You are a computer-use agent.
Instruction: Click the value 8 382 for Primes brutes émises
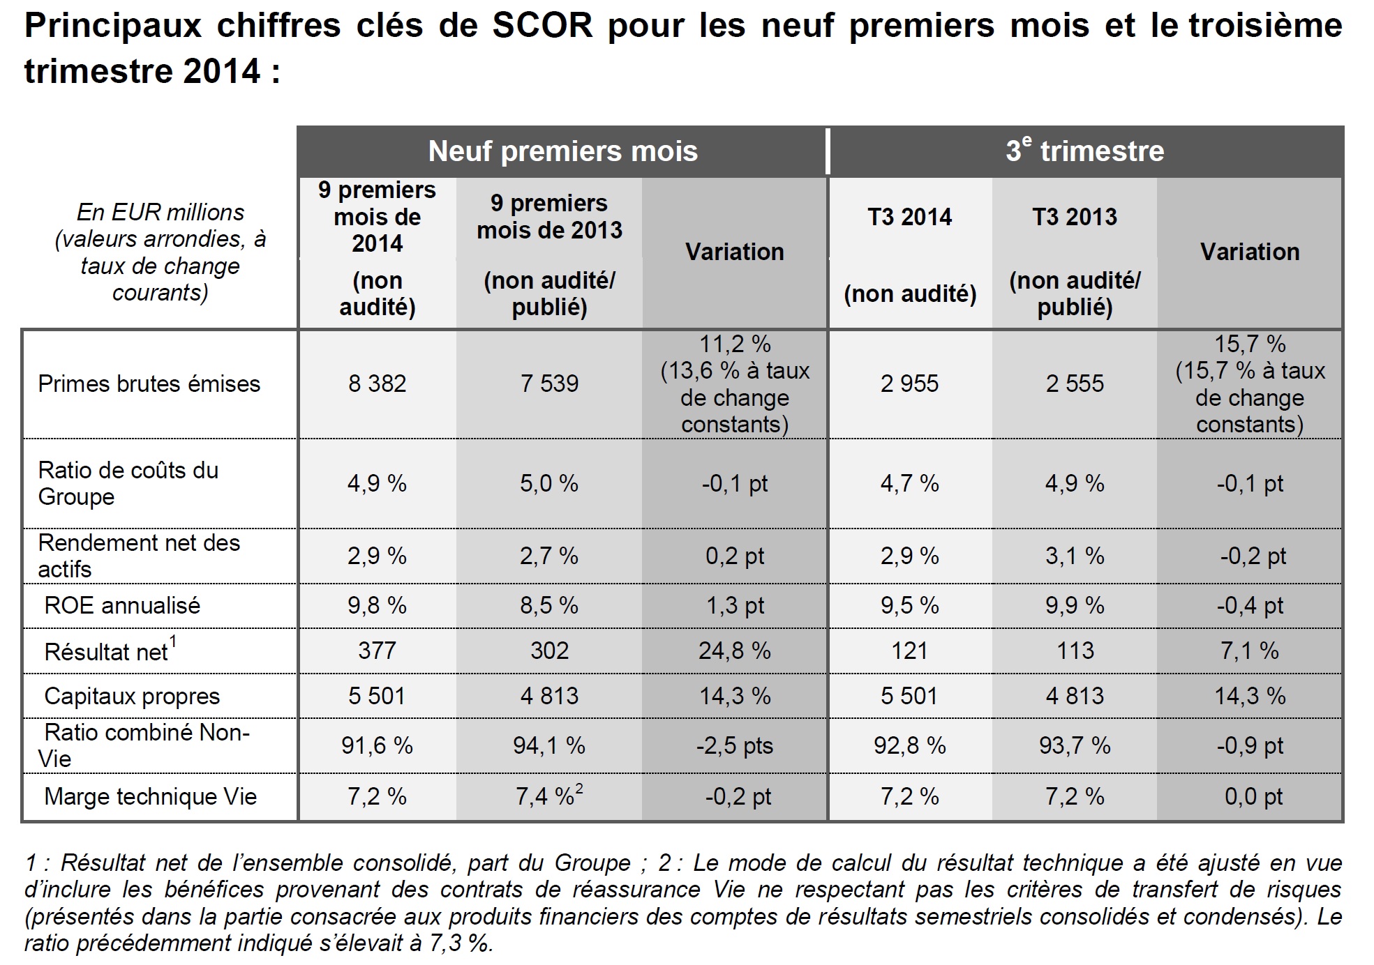point(377,383)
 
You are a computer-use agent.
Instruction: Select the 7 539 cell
point(549,383)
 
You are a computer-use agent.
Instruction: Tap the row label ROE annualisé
point(122,605)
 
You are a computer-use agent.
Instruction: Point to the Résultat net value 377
point(377,651)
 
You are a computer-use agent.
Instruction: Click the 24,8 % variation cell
point(734,651)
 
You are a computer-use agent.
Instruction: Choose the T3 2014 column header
point(909,217)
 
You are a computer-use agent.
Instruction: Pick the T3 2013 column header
point(1075,217)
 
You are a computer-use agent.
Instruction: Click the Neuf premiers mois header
point(562,151)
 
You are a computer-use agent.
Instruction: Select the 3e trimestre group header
point(1085,151)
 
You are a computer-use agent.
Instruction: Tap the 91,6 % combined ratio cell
point(377,745)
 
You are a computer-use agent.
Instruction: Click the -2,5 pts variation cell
point(734,745)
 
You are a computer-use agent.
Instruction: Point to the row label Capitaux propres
point(132,696)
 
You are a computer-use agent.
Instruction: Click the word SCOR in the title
point(542,26)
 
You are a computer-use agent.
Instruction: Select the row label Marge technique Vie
point(150,796)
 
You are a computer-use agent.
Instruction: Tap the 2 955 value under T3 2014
point(909,383)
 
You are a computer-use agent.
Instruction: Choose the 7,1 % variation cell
point(1249,651)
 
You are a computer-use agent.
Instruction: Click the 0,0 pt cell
point(1253,796)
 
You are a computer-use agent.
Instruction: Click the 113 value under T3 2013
point(1075,651)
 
